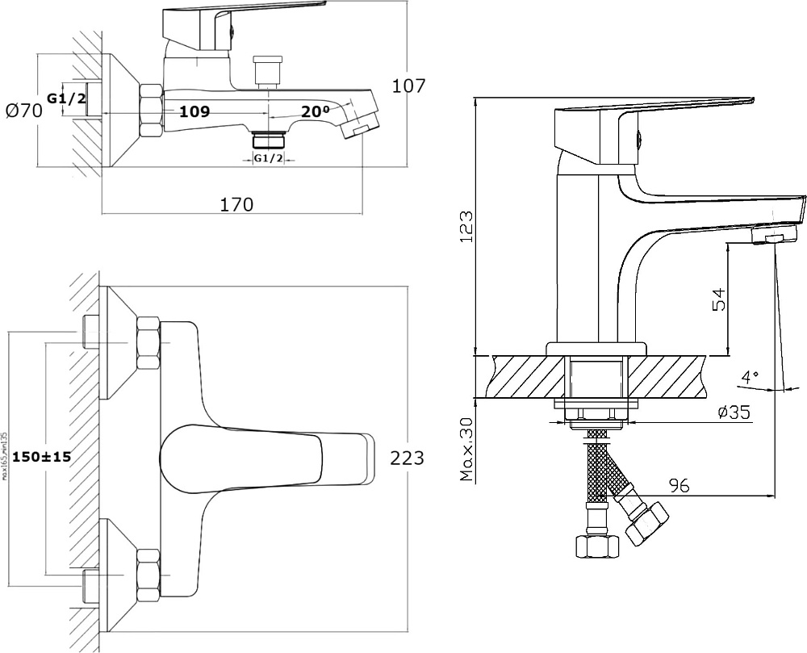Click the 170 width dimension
tap(236, 204)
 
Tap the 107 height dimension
tap(408, 86)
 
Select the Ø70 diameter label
tap(23, 111)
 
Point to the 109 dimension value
tap(194, 112)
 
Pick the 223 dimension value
tap(408, 458)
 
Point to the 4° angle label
tap(751, 376)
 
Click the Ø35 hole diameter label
tap(734, 412)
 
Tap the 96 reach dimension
tap(679, 485)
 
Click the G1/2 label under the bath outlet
tap(269, 158)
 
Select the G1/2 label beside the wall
tap(66, 98)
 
